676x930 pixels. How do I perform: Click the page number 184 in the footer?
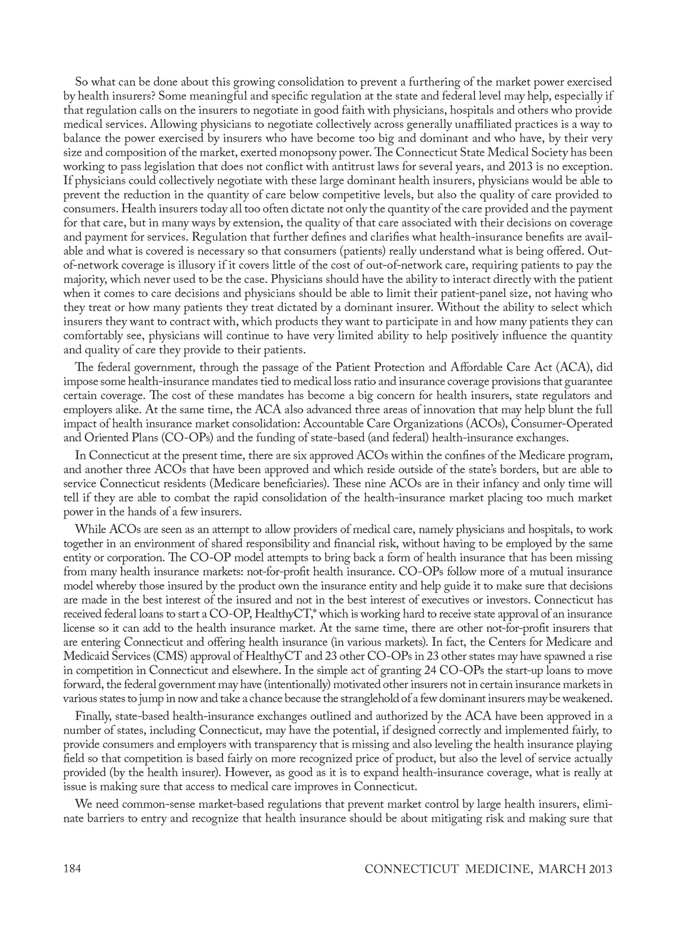pyautogui.click(x=72, y=869)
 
